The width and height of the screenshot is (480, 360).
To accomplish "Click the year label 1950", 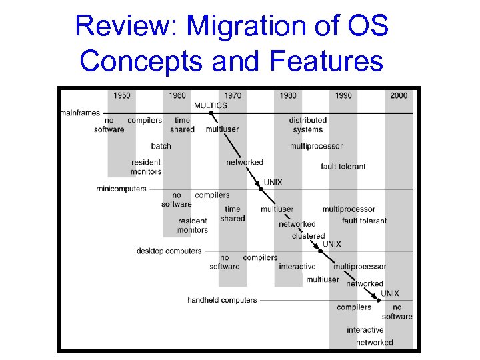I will click(x=122, y=95).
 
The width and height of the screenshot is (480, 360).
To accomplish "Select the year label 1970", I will click(x=233, y=95).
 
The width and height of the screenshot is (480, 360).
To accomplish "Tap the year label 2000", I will click(x=399, y=95).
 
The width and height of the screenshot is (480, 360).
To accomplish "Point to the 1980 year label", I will click(x=288, y=95).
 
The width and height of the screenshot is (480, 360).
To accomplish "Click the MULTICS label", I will click(x=211, y=105).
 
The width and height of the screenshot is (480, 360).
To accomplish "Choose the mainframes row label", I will click(x=81, y=113).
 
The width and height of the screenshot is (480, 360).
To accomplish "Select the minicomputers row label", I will click(x=121, y=189).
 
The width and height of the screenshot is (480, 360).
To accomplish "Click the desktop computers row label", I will click(x=169, y=251).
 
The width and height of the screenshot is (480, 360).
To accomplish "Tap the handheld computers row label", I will click(x=222, y=300).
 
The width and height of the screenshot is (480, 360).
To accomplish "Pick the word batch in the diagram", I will click(x=161, y=145).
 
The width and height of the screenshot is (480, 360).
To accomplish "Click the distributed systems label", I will click(x=307, y=125).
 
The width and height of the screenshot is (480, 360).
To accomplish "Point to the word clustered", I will click(x=308, y=235).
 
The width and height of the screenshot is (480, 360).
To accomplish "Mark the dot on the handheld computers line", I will click(x=379, y=300).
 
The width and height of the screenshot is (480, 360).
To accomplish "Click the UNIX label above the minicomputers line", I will click(x=273, y=181).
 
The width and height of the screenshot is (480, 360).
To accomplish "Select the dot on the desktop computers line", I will click(x=320, y=251).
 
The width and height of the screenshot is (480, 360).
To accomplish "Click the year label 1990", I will click(x=343, y=95).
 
